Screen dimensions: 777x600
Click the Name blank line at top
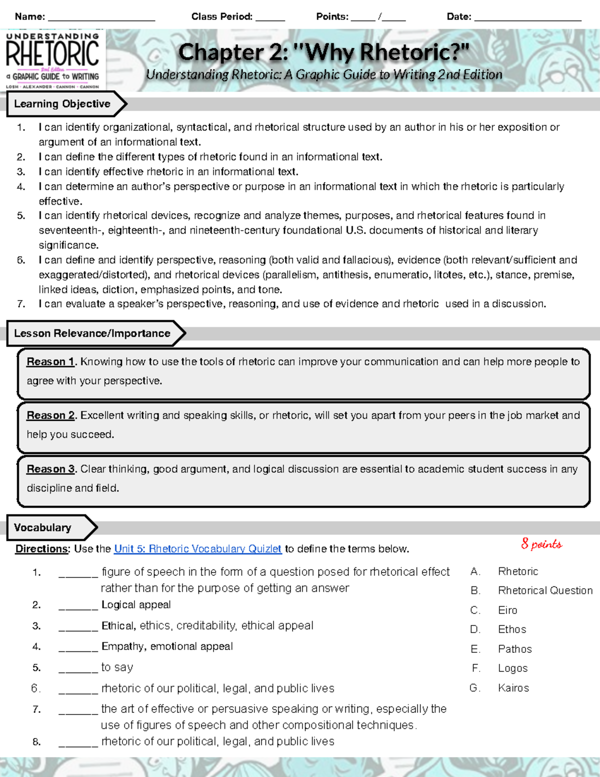(101, 19)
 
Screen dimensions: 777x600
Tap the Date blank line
(527, 19)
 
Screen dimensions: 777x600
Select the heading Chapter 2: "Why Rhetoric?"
(323, 53)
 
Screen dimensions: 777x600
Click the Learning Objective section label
(62, 104)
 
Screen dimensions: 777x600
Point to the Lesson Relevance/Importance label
(92, 334)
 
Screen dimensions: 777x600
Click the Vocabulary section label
(42, 528)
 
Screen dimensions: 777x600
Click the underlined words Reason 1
(50, 362)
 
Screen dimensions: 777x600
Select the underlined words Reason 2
(50, 416)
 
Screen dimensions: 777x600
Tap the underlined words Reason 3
(50, 469)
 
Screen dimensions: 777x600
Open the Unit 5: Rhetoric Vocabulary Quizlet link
(197, 549)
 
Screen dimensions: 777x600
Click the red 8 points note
(541, 544)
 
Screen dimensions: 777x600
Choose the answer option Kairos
(513, 688)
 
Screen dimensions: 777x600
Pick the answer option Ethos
(512, 629)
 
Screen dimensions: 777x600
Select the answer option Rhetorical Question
(545, 591)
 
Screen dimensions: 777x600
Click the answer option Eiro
(507, 610)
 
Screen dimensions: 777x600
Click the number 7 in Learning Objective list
(20, 304)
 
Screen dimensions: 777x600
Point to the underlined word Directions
(41, 549)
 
